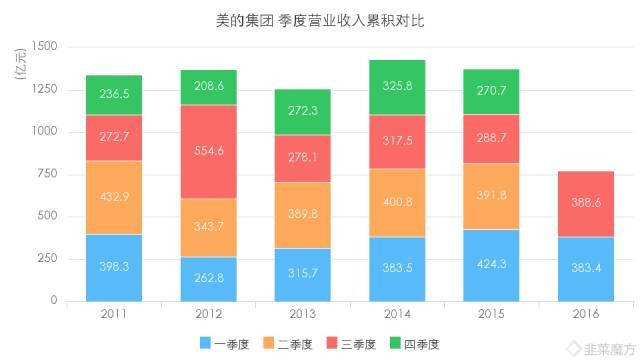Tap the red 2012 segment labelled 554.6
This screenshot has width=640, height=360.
(208, 152)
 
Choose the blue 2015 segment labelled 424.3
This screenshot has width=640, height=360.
(491, 265)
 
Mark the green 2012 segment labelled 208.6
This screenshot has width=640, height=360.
(208, 87)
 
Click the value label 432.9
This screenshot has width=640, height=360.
(113, 199)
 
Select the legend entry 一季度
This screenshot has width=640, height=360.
(231, 344)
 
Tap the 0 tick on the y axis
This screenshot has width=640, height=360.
(55, 300)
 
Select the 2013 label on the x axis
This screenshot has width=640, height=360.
(302, 315)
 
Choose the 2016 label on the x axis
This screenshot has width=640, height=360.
(585, 315)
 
